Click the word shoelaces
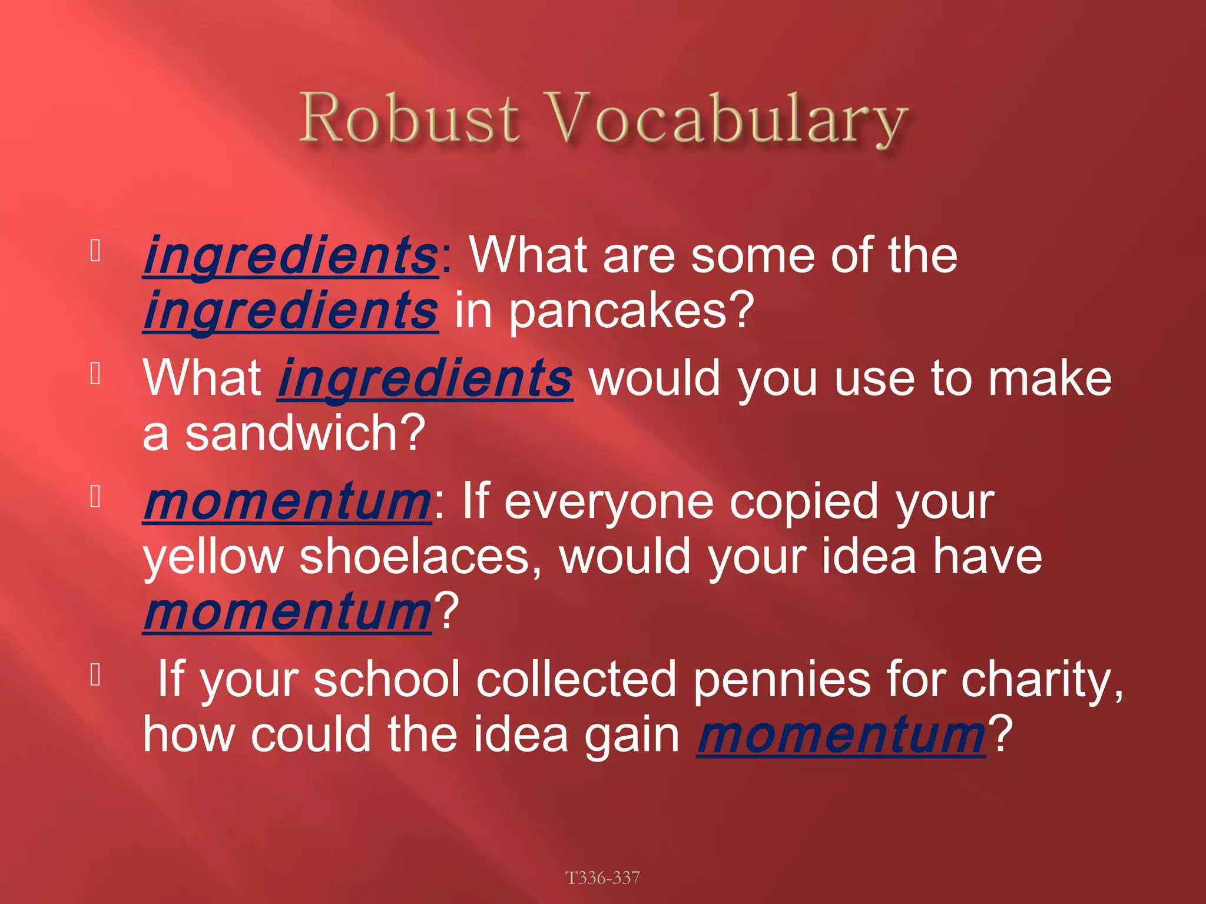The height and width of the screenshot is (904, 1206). point(420,557)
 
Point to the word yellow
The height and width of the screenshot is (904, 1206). point(213,558)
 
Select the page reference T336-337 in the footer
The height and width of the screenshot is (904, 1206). point(602,878)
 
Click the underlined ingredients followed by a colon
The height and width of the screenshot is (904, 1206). point(290,255)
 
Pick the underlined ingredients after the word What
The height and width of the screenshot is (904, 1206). point(425,378)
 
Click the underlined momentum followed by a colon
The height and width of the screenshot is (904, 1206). point(287,501)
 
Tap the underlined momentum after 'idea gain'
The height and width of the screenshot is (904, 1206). point(841,735)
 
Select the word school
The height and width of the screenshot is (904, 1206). point(386,680)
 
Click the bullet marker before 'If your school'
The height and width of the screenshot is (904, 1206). point(96,675)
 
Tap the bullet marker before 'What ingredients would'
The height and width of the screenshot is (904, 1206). point(96,374)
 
